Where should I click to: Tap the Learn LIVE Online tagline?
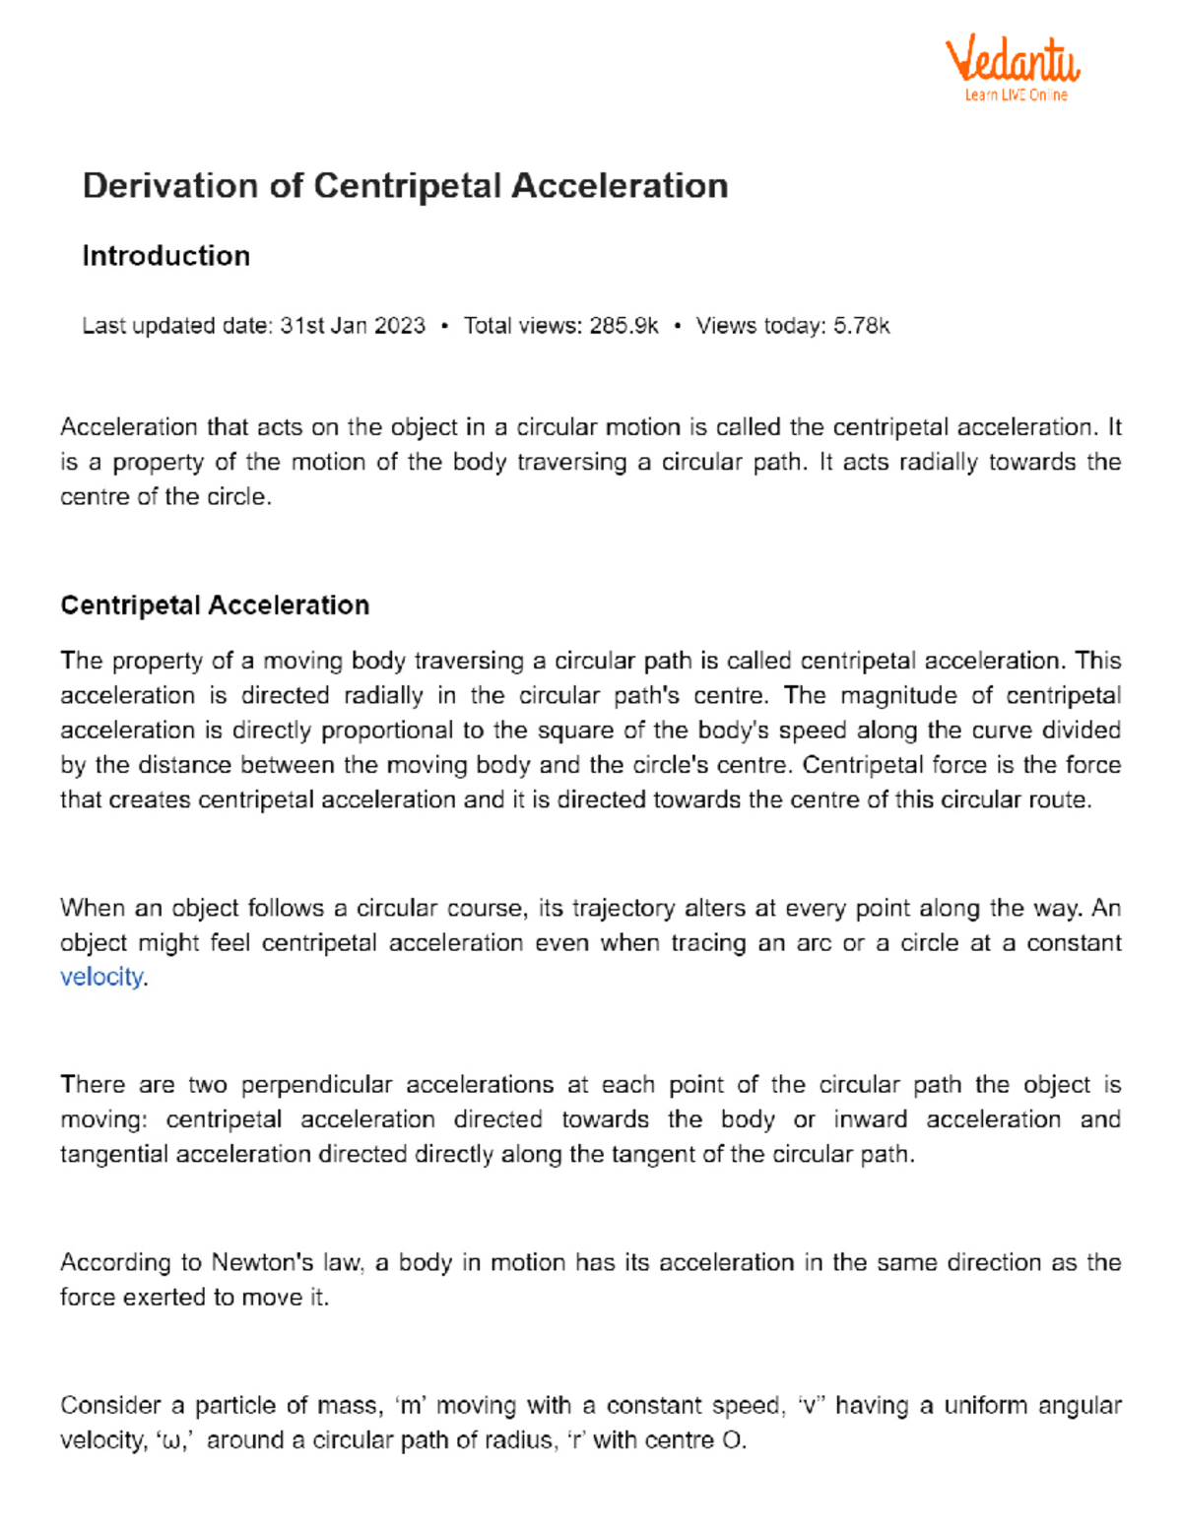(1016, 96)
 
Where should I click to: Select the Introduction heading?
(165, 256)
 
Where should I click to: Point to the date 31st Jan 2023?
(353, 326)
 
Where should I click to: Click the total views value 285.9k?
(624, 326)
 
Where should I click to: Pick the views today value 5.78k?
(861, 326)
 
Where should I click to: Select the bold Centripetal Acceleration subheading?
(215, 605)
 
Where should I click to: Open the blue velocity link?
(101, 977)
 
